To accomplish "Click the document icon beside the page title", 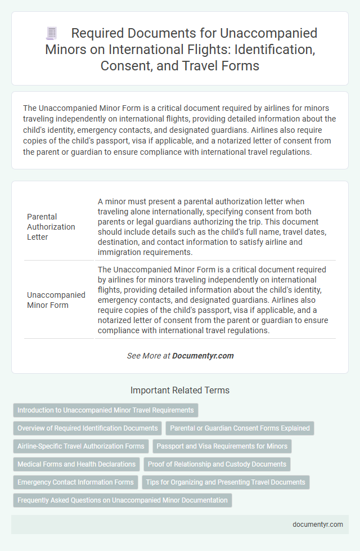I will (x=51, y=34).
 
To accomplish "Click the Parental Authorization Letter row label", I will (x=51, y=227).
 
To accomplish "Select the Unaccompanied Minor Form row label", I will (x=56, y=299).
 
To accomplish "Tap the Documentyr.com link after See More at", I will (x=203, y=356).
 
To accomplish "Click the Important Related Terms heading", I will (x=180, y=390).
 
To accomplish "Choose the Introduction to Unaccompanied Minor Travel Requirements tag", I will (x=106, y=410).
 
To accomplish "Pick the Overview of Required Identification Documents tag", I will (x=88, y=428).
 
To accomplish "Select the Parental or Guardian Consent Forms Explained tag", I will (x=240, y=428).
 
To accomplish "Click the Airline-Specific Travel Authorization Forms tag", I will (x=81, y=446).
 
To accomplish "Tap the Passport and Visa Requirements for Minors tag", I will (x=222, y=446).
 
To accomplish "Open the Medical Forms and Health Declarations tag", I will (x=76, y=464).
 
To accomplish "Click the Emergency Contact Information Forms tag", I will (x=76, y=482).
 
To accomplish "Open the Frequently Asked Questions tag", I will (x=123, y=500).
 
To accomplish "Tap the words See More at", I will (x=148, y=356).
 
